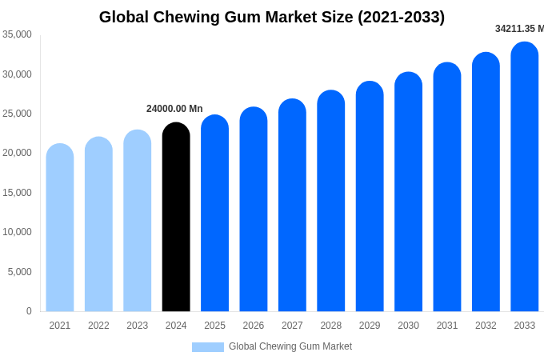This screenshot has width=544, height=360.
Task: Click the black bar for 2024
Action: point(176,218)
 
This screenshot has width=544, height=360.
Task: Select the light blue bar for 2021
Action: point(60,228)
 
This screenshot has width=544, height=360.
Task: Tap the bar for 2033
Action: point(525,177)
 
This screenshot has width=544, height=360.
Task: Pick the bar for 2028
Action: point(331,201)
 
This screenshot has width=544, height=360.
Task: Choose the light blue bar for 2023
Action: point(138,221)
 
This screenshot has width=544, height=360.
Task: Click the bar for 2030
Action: point(408,192)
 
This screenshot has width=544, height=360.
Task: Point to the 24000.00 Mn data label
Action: point(174,109)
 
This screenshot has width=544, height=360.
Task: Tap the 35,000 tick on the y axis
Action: point(17,34)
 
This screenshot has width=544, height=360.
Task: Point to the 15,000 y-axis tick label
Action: point(17,193)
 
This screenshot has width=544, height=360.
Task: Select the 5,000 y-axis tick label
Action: point(20,272)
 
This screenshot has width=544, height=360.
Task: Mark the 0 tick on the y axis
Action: point(29,311)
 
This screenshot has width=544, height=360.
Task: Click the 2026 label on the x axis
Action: point(254,326)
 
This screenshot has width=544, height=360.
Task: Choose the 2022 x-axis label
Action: point(98,326)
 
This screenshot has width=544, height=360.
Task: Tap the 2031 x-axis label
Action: point(447,326)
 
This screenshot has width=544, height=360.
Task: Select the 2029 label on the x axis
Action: point(370,326)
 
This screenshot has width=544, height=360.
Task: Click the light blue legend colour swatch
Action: point(208,347)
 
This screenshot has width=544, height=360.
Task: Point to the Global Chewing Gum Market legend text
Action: point(290,346)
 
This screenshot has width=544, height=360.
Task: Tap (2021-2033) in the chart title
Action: point(398,17)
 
